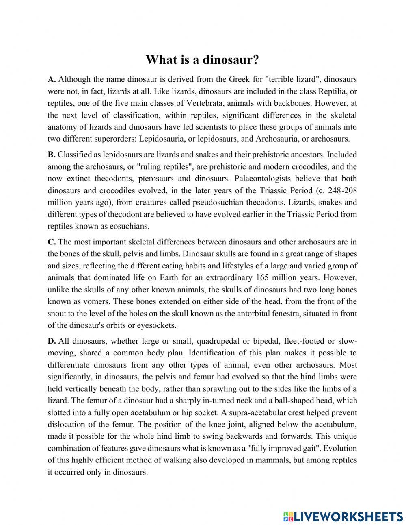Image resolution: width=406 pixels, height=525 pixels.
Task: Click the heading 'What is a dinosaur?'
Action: (x=202, y=60)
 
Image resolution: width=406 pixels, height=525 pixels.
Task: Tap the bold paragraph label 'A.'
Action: (x=52, y=79)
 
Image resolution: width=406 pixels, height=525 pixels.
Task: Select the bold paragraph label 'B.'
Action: (x=52, y=155)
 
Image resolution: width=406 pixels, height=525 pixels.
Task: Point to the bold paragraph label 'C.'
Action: (x=52, y=242)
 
